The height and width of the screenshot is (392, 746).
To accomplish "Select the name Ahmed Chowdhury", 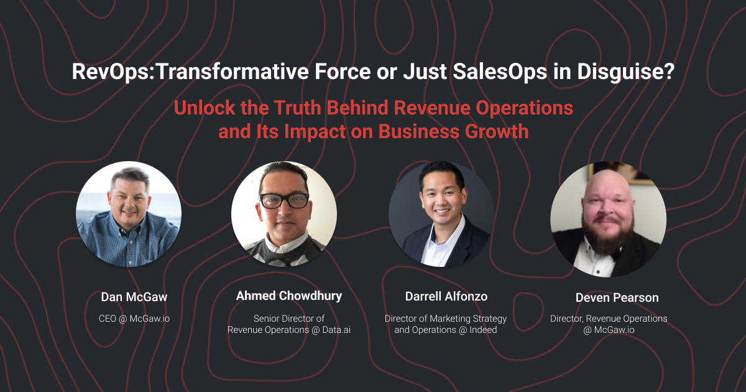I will [x=289, y=296].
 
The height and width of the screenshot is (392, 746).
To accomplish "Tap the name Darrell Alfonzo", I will [x=445, y=297].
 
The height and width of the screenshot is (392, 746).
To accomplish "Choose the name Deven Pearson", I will [x=609, y=297].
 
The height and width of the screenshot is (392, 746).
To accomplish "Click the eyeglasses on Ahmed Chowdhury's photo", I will [x=284, y=200].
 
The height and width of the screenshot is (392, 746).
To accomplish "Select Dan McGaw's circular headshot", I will [x=129, y=214].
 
